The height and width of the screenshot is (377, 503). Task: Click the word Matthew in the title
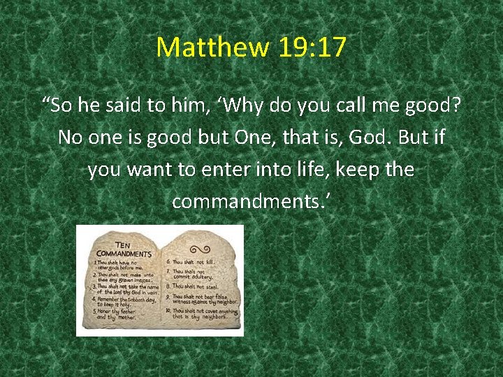[x=212, y=47]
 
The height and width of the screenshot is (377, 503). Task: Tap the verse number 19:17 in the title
[x=312, y=47]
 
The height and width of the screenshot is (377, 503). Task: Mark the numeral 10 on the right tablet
[x=169, y=310]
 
